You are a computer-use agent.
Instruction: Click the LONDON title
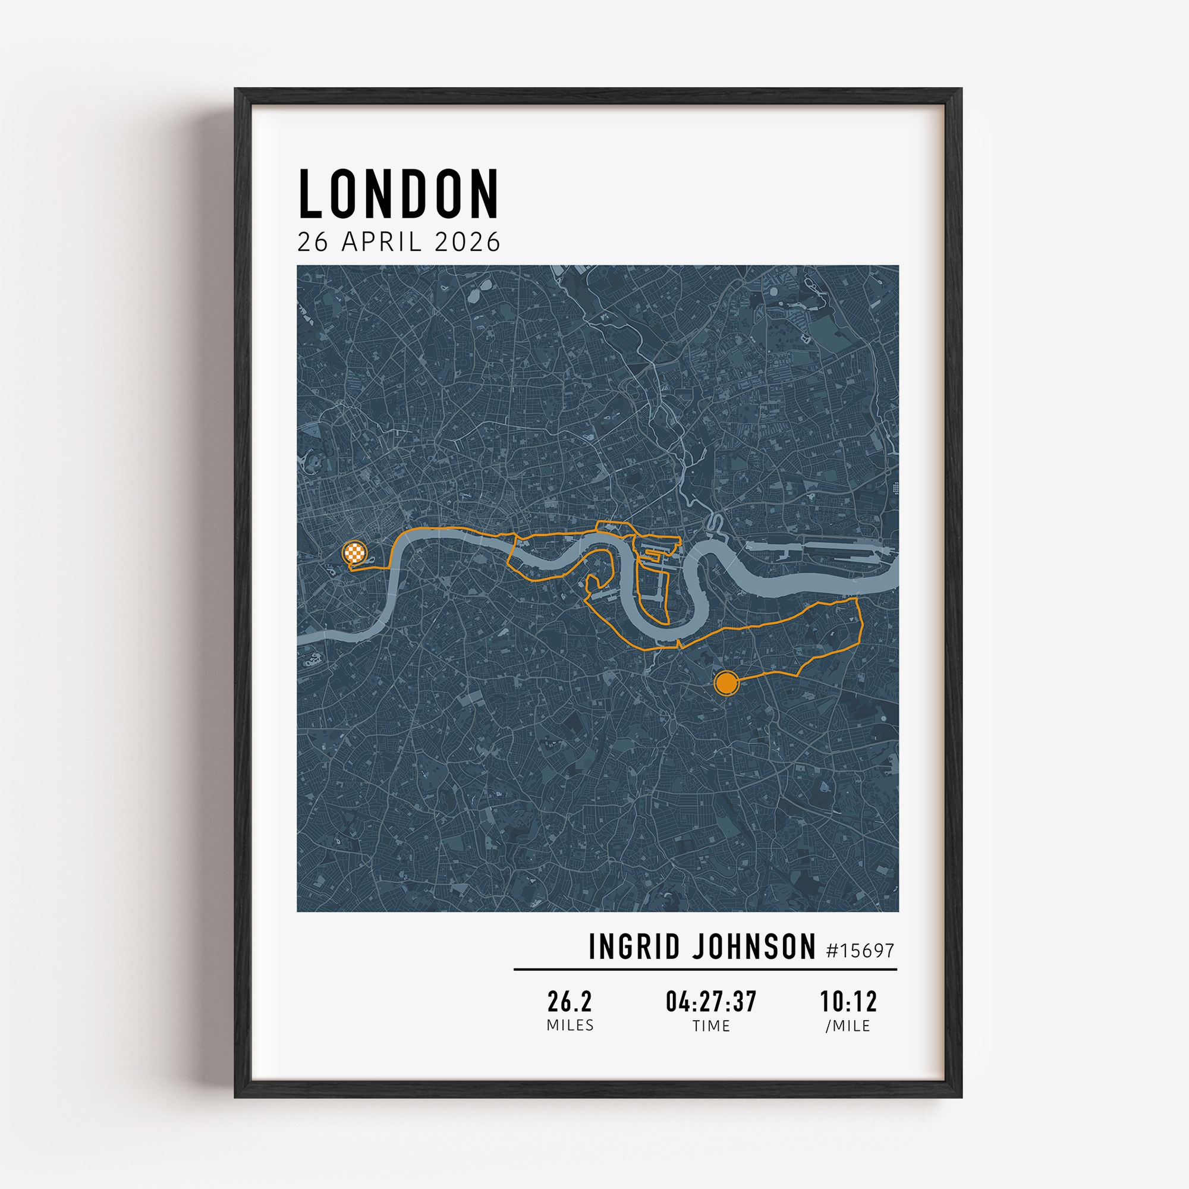point(398,194)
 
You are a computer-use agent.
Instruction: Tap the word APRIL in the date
point(382,242)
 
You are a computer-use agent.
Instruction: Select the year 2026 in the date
point(467,242)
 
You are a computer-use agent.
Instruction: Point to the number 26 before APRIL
point(313,242)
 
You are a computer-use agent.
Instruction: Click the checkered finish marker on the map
point(354,553)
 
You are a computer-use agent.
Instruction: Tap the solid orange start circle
point(726,683)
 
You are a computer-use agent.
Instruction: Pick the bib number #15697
point(860,951)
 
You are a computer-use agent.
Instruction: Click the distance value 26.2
point(570,1002)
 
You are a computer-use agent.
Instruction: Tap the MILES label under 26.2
point(570,1026)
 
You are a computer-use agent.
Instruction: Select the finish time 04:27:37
point(711,1002)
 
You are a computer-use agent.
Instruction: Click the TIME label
point(711,1026)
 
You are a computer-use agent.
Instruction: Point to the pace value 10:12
point(848,1002)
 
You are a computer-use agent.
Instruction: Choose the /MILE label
point(848,1026)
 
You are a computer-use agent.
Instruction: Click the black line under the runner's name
point(704,969)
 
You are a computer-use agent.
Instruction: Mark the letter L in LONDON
point(311,194)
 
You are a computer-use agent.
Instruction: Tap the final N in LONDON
point(486,194)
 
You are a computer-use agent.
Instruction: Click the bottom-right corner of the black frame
point(961,1096)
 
